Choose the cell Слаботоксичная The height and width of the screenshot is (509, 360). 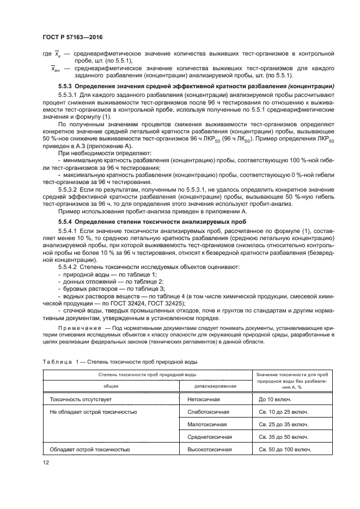click(208, 412)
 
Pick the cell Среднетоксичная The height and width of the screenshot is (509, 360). click(210, 437)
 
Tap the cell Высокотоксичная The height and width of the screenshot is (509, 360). click(210, 450)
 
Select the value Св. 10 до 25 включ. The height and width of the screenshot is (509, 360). click(284, 412)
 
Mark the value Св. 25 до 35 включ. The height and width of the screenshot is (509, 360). click(284, 425)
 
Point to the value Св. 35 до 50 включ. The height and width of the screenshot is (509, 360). click(284, 437)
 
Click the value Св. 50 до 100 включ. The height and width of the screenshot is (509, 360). click(285, 450)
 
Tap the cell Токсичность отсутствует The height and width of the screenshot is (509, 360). click(81, 399)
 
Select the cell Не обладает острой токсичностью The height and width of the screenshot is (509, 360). click(93, 412)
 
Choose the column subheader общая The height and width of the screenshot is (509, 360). click(111, 386)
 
